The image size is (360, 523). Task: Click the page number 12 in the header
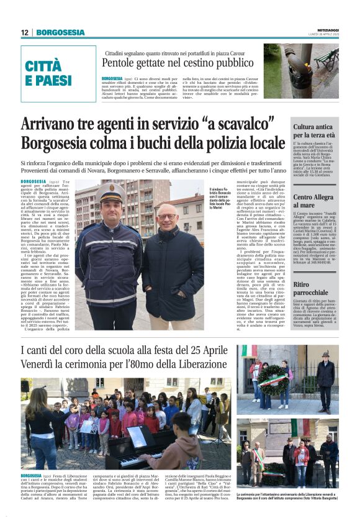click(25, 32)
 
